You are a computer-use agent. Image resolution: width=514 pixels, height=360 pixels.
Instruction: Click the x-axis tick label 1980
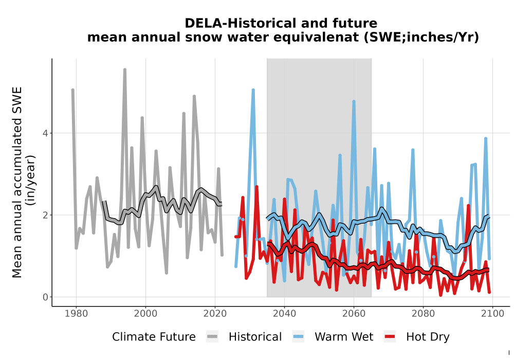click(x=77, y=314)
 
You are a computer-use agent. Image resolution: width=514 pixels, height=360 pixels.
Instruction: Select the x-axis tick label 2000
click(x=145, y=314)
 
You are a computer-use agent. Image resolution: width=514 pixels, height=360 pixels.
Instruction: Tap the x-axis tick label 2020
click(x=215, y=314)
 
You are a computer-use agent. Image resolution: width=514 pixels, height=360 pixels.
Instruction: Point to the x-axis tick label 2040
click(x=285, y=314)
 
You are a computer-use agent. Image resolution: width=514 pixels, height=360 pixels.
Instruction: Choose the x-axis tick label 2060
click(x=354, y=314)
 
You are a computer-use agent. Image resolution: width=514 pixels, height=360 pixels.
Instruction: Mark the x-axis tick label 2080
click(x=423, y=314)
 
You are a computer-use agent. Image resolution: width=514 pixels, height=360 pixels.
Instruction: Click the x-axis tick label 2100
click(x=493, y=314)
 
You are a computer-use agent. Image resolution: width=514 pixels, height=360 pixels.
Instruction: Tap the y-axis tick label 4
click(x=46, y=133)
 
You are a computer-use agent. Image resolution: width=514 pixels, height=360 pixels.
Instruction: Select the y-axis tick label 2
click(x=46, y=215)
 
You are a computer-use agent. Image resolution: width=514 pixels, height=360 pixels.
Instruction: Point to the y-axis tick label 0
click(x=46, y=297)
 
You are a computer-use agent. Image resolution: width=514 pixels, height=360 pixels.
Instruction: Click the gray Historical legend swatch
click(x=212, y=337)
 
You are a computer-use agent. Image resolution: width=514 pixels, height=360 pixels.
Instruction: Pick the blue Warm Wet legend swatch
click(x=298, y=337)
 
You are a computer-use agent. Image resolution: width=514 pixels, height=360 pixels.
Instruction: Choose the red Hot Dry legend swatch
click(x=390, y=337)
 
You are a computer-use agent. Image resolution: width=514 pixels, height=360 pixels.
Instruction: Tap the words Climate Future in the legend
click(x=154, y=337)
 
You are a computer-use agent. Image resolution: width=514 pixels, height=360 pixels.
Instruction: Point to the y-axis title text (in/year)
click(x=31, y=181)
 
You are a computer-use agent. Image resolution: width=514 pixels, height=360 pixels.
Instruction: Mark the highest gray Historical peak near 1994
click(x=125, y=69)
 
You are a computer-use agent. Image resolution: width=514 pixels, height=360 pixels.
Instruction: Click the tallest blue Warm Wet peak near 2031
click(x=253, y=90)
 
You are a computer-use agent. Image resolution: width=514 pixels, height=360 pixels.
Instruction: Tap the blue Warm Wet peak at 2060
click(x=354, y=102)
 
